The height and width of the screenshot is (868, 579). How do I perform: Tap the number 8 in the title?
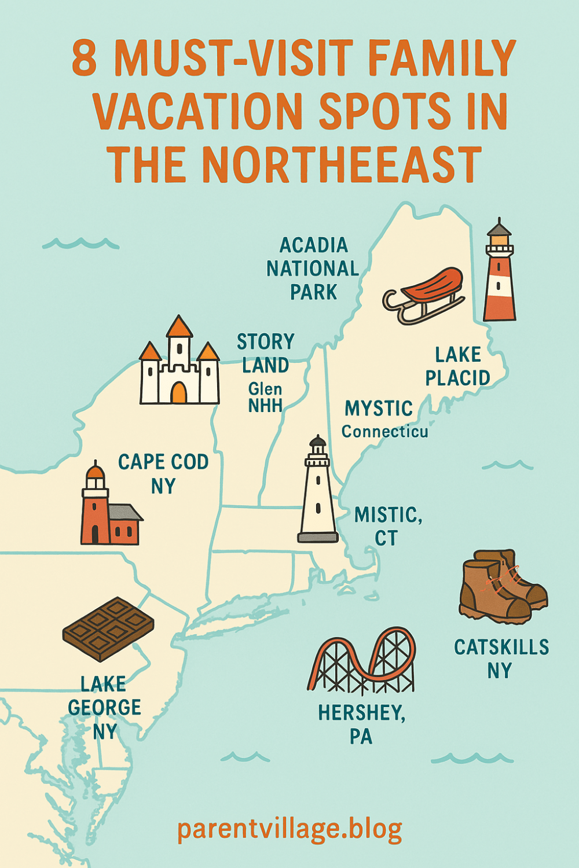click(85, 58)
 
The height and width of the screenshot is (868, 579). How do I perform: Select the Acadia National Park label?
click(313, 269)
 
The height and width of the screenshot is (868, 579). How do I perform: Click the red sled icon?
click(426, 294)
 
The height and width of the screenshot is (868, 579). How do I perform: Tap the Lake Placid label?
click(457, 366)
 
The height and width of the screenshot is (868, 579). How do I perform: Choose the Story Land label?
click(266, 354)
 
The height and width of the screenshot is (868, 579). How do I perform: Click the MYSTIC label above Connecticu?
click(379, 409)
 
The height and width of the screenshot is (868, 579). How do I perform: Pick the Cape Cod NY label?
click(163, 473)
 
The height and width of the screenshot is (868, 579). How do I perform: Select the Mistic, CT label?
click(387, 526)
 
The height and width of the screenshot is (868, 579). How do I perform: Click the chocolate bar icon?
click(108, 628)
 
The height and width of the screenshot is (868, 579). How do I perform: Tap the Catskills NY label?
click(501, 659)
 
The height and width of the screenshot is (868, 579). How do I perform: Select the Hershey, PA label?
click(361, 724)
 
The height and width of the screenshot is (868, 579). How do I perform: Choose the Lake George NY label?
click(104, 708)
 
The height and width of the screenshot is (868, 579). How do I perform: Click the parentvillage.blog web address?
click(289, 829)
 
